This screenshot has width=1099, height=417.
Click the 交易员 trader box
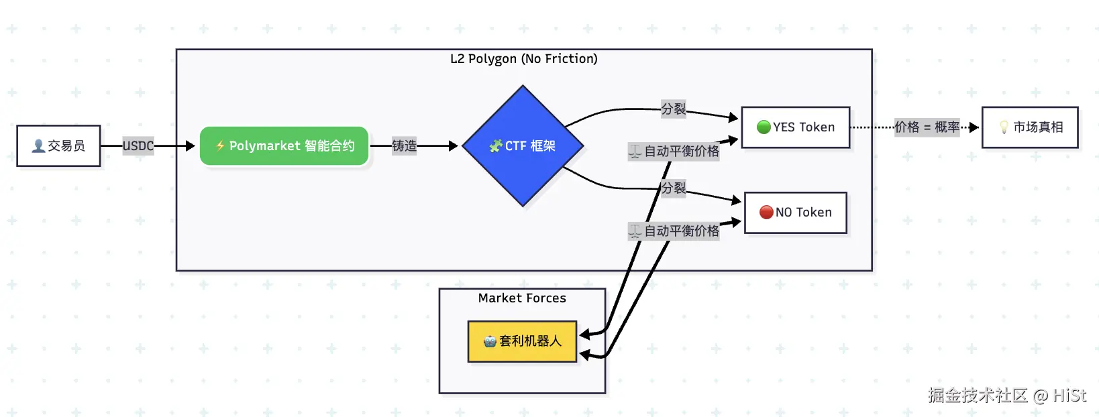click(x=59, y=145)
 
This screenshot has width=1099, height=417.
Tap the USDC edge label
click(x=138, y=145)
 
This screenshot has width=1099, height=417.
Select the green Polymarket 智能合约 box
click(x=284, y=145)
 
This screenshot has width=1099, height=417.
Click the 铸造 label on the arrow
click(x=405, y=145)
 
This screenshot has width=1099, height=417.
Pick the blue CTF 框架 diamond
click(x=523, y=145)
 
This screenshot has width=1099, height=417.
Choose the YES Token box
click(x=796, y=127)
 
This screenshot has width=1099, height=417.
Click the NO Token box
click(x=796, y=212)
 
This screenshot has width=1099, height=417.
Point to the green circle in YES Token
click(x=764, y=127)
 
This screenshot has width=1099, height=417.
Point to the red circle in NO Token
click(x=766, y=212)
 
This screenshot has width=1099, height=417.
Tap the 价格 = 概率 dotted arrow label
click(x=927, y=127)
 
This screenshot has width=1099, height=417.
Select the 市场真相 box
click(x=1031, y=127)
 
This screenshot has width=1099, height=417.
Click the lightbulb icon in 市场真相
click(x=1004, y=127)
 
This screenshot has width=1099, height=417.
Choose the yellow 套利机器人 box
click(x=522, y=341)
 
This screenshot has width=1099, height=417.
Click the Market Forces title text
click(x=522, y=298)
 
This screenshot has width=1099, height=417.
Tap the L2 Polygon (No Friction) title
click(x=524, y=59)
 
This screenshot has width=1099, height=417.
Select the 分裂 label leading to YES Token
click(x=674, y=109)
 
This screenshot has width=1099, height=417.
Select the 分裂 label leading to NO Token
click(x=674, y=188)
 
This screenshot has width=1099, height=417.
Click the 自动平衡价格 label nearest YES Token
click(x=674, y=152)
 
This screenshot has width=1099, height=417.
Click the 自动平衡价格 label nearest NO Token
click(x=674, y=231)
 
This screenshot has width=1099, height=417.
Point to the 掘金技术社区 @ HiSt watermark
click(x=1007, y=395)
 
